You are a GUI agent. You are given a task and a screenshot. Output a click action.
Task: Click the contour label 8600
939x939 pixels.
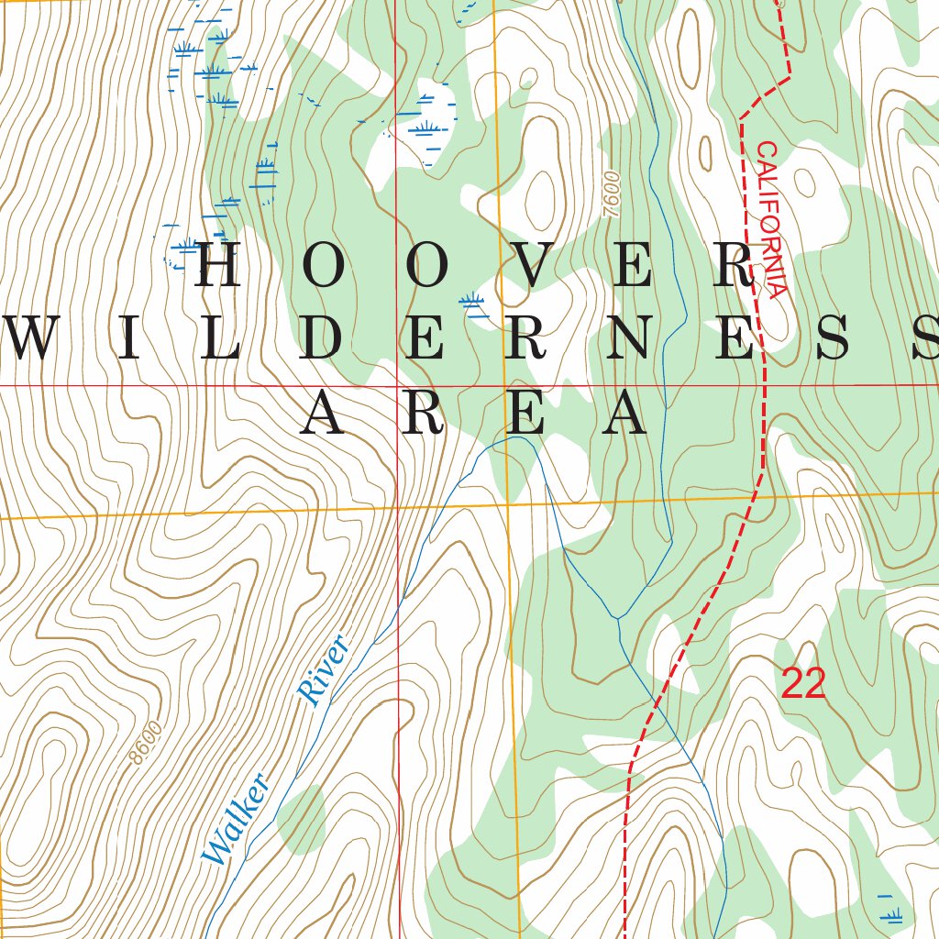(146, 743)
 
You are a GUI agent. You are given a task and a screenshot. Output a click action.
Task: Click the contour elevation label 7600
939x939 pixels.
(613, 194)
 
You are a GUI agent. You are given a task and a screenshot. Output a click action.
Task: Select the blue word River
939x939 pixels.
(326, 670)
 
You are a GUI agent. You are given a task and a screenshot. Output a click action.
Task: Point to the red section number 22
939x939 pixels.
(803, 684)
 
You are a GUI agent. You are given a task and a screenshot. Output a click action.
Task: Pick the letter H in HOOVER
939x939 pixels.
(218, 266)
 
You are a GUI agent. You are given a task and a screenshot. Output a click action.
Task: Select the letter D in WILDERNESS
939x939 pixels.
(323, 339)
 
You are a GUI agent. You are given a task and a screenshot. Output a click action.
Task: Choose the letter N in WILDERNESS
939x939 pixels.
(626, 339)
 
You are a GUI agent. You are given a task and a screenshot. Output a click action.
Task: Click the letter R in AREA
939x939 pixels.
(429, 413)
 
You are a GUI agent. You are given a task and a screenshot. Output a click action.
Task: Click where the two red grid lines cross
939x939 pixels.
(397, 386)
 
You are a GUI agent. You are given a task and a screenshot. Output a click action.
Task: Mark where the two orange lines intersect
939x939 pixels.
(507, 503)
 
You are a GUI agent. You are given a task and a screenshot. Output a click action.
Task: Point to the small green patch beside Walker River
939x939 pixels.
(301, 818)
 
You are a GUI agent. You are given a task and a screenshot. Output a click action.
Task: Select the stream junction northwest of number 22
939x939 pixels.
(617, 618)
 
